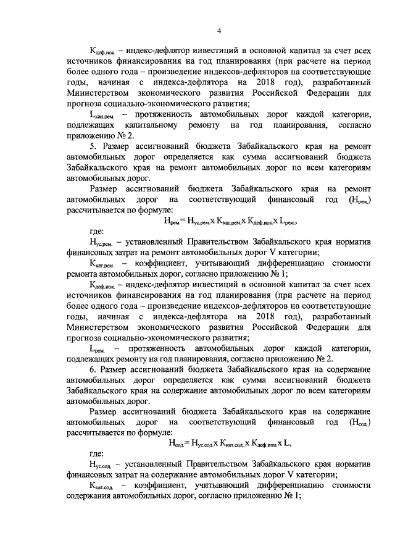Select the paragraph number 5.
click(x=92, y=146)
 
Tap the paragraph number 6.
click(x=92, y=369)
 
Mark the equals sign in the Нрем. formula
click(x=188, y=220)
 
